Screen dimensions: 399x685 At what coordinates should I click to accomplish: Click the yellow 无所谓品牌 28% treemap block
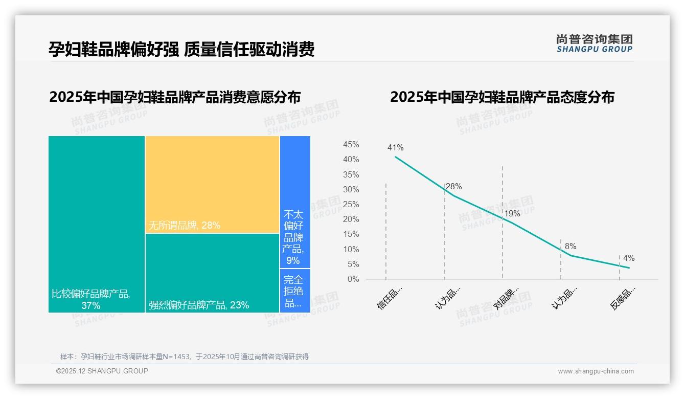click(212, 184)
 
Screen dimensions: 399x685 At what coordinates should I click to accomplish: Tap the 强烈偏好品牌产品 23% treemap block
click(212, 272)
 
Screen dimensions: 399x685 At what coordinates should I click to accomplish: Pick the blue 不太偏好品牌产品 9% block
click(295, 202)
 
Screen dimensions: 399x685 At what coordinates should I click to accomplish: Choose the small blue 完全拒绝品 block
click(295, 290)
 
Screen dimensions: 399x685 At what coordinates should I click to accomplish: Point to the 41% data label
click(395, 148)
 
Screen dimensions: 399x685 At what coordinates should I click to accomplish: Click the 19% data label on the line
click(512, 213)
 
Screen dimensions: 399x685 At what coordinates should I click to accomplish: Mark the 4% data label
click(629, 258)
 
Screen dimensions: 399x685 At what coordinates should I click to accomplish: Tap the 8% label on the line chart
click(570, 247)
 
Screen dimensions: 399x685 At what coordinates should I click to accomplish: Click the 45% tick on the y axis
click(351, 145)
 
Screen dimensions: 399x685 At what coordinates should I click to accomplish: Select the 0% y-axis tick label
click(353, 279)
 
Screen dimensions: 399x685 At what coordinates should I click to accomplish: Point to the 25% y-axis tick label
click(351, 205)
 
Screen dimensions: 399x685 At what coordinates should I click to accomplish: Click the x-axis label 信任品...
click(391, 298)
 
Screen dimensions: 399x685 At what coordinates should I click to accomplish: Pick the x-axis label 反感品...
click(624, 298)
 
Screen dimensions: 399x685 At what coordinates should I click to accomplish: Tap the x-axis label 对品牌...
click(507, 298)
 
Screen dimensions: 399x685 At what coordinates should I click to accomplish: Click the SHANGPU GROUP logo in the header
click(594, 43)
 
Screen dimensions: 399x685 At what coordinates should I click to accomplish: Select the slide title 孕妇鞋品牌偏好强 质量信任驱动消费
click(181, 49)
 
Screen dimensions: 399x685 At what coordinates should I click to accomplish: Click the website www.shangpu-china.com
click(596, 371)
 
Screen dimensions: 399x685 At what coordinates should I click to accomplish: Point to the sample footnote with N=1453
click(185, 357)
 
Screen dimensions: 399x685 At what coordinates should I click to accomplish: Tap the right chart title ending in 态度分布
click(502, 97)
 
